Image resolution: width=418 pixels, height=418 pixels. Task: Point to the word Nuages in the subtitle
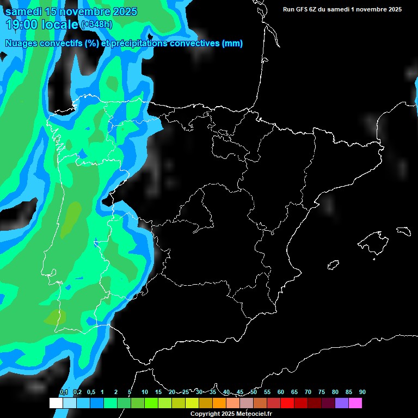[22, 44]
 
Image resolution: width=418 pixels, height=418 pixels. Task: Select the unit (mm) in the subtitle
[232, 44]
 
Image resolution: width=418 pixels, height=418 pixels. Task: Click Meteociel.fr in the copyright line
[254, 414]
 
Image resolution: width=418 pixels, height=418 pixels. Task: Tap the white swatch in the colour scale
[56, 403]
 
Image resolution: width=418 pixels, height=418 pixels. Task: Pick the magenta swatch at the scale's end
[355, 403]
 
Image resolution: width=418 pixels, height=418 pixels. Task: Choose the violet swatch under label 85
[342, 403]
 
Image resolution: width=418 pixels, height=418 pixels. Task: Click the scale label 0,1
[63, 392]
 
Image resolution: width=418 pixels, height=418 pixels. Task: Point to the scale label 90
[362, 392]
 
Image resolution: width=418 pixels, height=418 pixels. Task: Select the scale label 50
[254, 392]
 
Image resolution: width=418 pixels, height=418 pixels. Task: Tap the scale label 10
[144, 392]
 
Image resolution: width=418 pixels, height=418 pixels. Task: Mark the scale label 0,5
[90, 392]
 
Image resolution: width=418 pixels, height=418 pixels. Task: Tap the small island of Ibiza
[333, 265]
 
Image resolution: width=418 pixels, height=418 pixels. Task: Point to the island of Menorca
[403, 231]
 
